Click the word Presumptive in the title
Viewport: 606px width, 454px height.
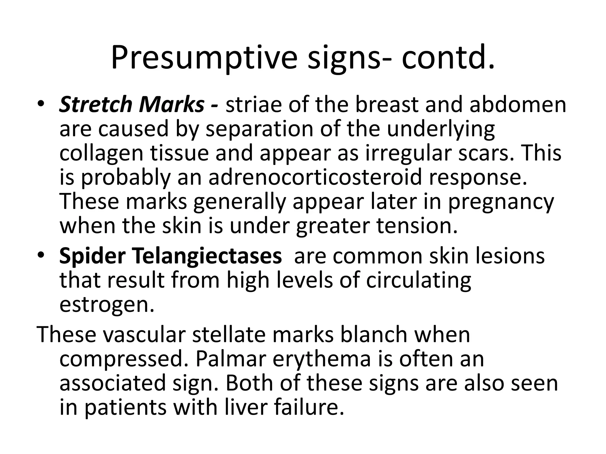pos(204,58)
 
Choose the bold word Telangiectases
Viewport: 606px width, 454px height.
pos(206,256)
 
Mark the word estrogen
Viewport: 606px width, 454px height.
pos(107,305)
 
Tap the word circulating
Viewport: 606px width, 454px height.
pos(419,280)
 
